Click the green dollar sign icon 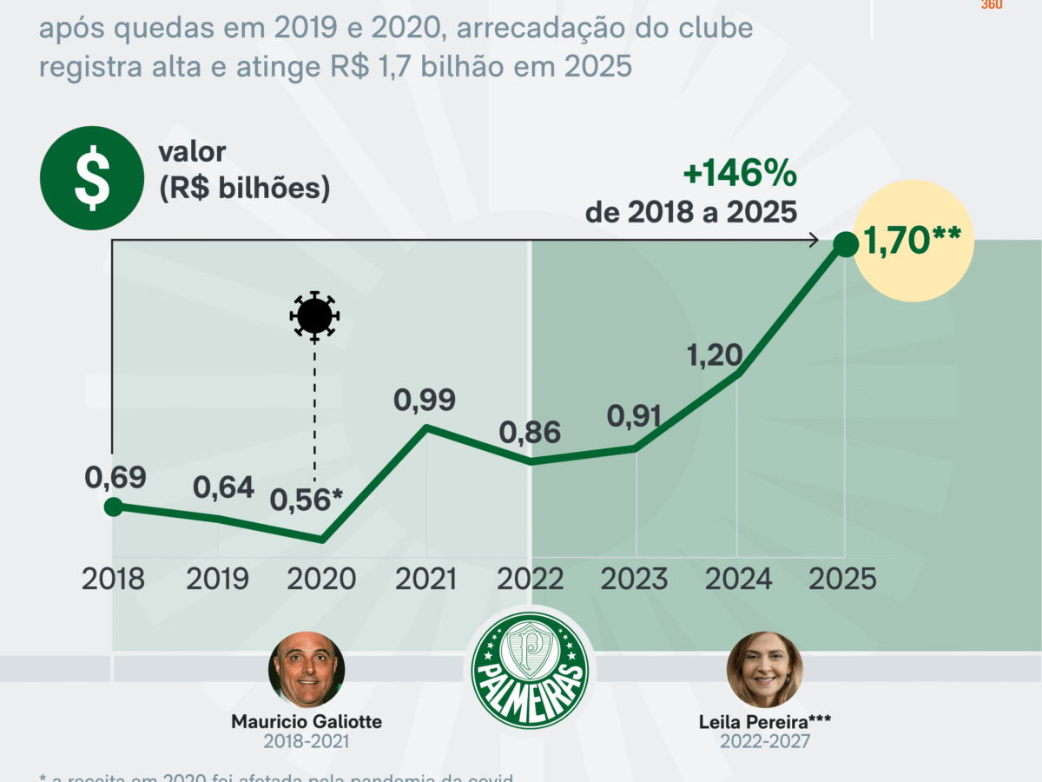(91, 178)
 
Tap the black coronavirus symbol (313, 315)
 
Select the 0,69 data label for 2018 (115, 477)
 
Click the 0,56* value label (307, 500)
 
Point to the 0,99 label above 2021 (425, 401)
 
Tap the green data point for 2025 (844, 245)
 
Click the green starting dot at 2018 (113, 507)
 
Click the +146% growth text (740, 175)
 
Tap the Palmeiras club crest (530, 669)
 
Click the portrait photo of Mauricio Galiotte (307, 670)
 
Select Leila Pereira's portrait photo (764, 669)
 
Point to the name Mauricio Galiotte (307, 722)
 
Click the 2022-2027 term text (764, 741)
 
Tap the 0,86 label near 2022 (530, 432)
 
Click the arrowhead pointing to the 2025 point (814, 240)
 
